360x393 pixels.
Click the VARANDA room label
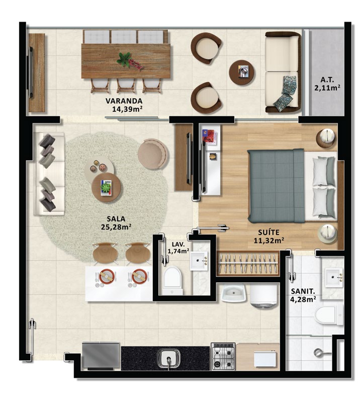tap(124, 101)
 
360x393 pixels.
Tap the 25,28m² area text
tap(117, 227)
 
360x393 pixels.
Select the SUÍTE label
tap(269, 232)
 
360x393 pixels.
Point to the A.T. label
tap(327, 80)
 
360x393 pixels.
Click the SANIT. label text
tap(303, 291)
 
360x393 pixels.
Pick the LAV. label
tap(178, 244)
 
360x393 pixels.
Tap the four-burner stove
tap(223, 356)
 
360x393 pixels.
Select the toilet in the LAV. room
tap(172, 280)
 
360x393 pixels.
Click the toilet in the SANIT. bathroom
tap(328, 315)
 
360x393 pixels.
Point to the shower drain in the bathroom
tap(318, 352)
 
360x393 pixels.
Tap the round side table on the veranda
tap(241, 72)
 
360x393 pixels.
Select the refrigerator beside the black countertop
tap(101, 356)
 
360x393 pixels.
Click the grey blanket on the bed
tap(276, 186)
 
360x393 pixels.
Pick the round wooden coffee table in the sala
tap(107, 187)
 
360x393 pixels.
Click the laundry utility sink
tap(234, 293)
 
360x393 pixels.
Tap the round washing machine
tap(264, 294)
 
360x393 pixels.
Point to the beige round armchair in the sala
tap(153, 154)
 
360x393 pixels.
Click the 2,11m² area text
tap(327, 88)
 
